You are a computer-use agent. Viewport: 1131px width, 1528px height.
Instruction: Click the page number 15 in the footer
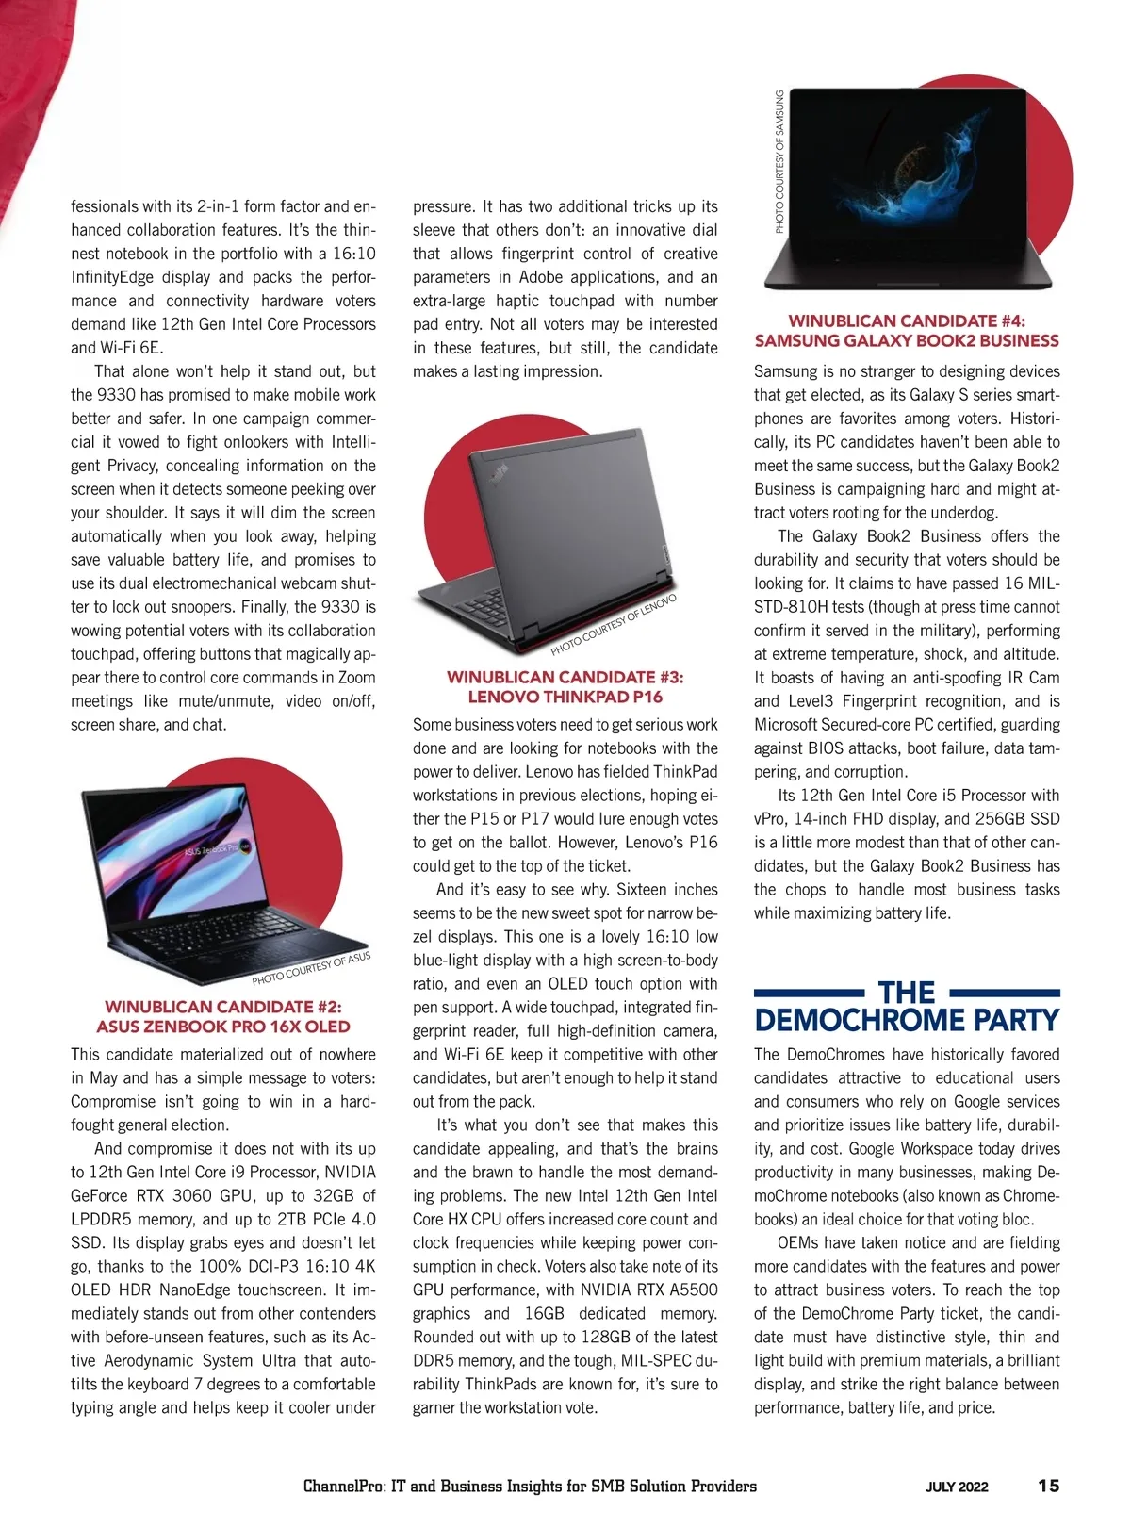[x=1048, y=1486]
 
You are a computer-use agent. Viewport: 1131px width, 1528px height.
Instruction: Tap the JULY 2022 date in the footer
[x=957, y=1487]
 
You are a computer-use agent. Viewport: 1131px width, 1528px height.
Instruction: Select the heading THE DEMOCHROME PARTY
[x=907, y=1007]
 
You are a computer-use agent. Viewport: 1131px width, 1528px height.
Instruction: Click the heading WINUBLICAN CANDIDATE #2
[x=222, y=1007]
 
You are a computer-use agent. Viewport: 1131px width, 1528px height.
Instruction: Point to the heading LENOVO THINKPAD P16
[x=565, y=698]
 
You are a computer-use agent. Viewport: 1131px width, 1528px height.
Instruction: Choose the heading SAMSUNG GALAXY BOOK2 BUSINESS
[x=907, y=341]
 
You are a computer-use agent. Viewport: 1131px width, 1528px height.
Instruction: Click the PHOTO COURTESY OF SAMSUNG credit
[x=780, y=161]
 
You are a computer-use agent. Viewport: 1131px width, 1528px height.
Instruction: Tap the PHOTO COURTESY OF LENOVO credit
[x=614, y=626]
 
